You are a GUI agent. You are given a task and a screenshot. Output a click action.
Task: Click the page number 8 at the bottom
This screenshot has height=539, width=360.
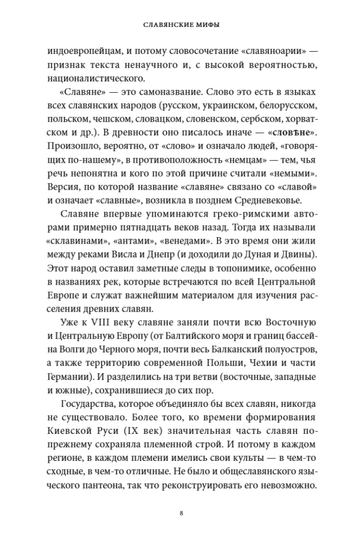[x=181, y=512]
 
